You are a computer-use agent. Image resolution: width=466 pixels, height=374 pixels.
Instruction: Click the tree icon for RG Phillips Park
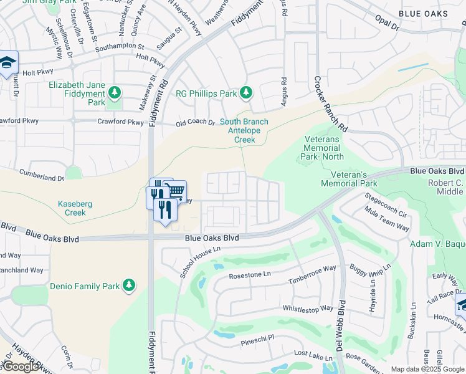point(246,93)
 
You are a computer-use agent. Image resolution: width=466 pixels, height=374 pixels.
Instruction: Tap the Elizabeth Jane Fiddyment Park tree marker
point(114,93)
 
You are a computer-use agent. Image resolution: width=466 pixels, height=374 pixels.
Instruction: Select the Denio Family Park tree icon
point(128,285)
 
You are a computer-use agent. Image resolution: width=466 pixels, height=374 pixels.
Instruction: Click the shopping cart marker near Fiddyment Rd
point(176,190)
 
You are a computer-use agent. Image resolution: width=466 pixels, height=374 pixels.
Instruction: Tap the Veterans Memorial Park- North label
point(322,148)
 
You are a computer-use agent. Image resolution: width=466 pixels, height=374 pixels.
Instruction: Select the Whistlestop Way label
point(308,309)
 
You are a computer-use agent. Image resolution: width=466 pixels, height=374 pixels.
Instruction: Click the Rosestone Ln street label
point(250,275)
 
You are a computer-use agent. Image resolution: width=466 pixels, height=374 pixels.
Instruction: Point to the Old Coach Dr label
point(195,123)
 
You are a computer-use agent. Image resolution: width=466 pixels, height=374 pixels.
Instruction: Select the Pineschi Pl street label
point(257,343)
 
